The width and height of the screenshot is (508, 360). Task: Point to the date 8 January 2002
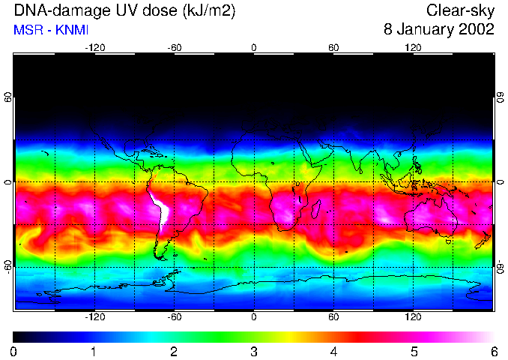[x=438, y=31]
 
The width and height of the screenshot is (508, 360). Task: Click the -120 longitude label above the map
[x=94, y=48]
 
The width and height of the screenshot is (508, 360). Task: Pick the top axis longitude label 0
[x=254, y=48]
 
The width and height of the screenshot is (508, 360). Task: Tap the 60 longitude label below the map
[x=333, y=316]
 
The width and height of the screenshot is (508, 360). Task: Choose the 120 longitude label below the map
[x=413, y=316]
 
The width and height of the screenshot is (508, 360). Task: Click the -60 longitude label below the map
[x=175, y=316]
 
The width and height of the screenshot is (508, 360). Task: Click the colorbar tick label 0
[x=13, y=351]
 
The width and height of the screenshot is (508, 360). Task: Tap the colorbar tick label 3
[x=254, y=351]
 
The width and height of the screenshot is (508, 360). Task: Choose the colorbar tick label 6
[x=493, y=351]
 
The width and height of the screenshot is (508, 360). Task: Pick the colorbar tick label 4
[x=333, y=351]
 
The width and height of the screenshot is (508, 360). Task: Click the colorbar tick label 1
[x=94, y=351]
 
